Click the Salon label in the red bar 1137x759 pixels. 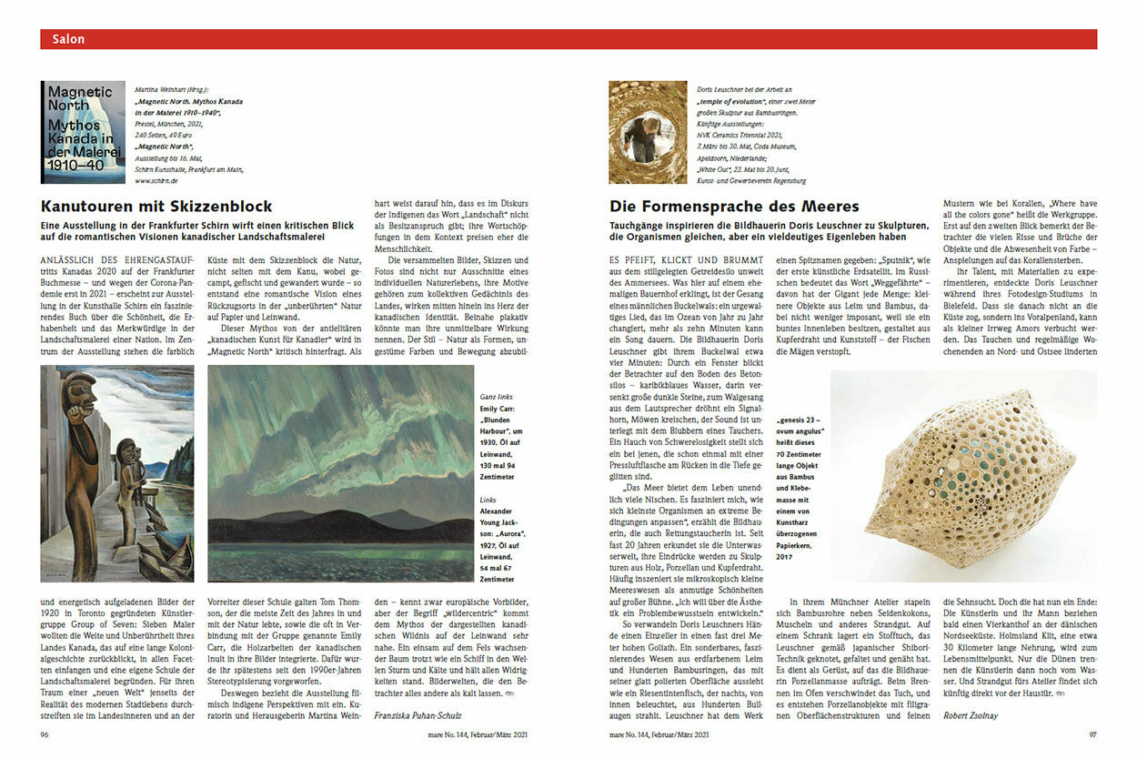click(x=68, y=39)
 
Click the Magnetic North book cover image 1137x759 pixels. click(x=83, y=133)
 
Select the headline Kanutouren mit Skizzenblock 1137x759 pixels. click(x=156, y=207)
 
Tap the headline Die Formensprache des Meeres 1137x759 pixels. click(x=734, y=207)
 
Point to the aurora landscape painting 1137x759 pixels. click(x=341, y=473)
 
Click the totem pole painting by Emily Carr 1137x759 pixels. click(x=116, y=473)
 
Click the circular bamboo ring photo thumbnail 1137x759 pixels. click(x=648, y=132)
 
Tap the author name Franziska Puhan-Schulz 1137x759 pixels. click(x=418, y=715)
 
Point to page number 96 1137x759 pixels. click(x=45, y=734)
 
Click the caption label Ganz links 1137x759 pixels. click(x=497, y=397)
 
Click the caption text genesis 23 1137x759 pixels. click(x=799, y=421)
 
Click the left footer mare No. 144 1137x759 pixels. click(x=437, y=734)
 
